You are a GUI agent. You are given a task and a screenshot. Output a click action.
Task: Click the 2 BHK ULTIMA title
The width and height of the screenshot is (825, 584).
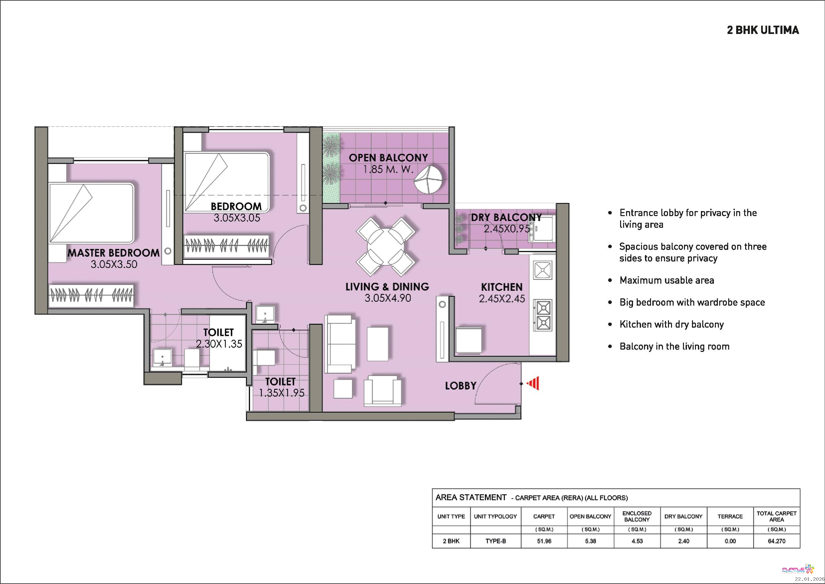(763, 30)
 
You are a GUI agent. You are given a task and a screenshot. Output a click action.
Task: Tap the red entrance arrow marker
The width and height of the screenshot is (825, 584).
(533, 383)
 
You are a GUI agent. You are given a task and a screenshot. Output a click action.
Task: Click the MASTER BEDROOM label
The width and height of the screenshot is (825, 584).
(113, 253)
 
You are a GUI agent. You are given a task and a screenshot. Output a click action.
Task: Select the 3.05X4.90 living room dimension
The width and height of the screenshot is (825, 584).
(388, 298)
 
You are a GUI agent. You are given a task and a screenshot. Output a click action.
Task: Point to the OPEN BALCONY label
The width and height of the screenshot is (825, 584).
(389, 157)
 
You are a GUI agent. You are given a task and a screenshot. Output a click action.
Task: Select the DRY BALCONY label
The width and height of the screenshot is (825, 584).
(506, 217)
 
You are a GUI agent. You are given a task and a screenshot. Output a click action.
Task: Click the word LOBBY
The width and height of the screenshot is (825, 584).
(460, 386)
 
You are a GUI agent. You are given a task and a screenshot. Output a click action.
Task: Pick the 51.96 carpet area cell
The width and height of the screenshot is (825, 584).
(544, 541)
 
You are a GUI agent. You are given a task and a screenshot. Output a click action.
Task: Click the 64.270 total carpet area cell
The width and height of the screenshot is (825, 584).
(776, 541)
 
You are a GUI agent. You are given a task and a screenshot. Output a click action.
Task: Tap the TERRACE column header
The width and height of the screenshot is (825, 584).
(730, 516)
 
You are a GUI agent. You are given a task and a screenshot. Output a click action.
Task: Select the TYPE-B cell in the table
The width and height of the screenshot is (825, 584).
(496, 541)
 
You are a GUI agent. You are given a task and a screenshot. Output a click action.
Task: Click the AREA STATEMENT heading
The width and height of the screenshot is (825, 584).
(471, 497)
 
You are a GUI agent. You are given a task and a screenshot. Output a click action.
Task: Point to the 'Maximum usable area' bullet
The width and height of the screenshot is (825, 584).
(667, 280)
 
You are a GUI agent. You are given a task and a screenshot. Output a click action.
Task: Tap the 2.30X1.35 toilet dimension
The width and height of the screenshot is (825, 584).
(219, 344)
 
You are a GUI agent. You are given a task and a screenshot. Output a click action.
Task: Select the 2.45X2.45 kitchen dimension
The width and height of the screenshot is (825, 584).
(502, 298)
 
